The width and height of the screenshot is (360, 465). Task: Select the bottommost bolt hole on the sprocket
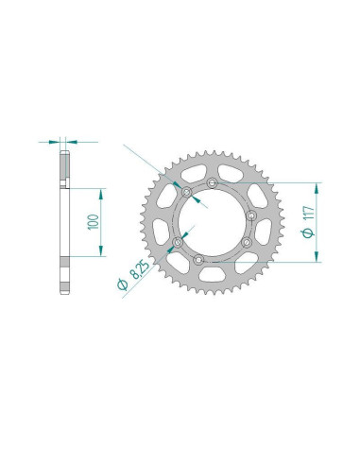[x=198, y=260]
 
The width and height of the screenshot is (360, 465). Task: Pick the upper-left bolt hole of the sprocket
[x=186, y=196]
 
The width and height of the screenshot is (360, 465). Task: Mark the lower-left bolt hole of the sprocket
[x=176, y=246]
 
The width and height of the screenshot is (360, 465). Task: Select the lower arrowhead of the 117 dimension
[x=317, y=257]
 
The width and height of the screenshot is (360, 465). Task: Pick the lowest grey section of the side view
[x=64, y=279]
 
